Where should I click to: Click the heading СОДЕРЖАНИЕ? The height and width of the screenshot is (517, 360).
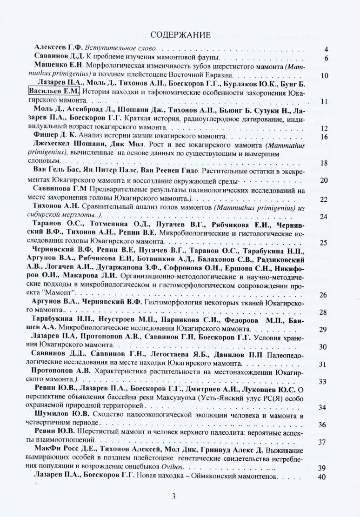pos(180,35)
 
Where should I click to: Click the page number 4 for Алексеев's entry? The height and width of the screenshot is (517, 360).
pos(326,49)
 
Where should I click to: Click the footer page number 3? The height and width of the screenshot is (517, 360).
pos(173,496)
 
